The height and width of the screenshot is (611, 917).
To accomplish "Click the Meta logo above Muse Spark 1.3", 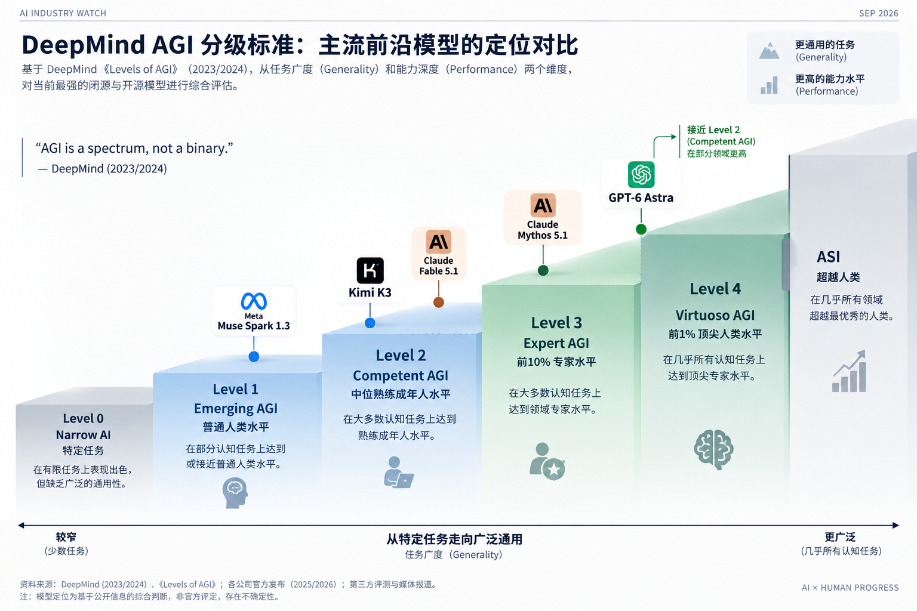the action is tap(254, 301).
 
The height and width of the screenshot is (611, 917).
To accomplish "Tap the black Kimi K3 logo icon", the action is tap(370, 270).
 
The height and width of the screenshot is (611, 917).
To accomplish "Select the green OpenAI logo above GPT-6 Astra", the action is tap(641, 175).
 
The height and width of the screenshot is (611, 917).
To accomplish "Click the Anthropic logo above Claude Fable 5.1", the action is tap(438, 242).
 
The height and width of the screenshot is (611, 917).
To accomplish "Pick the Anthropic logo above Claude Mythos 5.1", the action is tap(543, 205).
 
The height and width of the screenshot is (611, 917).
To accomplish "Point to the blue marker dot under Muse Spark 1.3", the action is tap(254, 357).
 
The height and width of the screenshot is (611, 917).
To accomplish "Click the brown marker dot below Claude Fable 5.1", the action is tap(438, 303).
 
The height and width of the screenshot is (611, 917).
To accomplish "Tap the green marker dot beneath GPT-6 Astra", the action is tap(641, 229).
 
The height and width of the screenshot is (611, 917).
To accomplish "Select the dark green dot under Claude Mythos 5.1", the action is tap(543, 270).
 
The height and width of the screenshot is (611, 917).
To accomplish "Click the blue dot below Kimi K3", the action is tap(370, 323).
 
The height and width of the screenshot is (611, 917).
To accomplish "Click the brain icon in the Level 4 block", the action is tap(713, 449).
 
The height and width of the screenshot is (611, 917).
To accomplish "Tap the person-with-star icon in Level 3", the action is tap(547, 461).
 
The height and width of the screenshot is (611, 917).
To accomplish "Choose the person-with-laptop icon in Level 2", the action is tap(398, 472).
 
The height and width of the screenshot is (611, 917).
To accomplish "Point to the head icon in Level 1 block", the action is tap(235, 493).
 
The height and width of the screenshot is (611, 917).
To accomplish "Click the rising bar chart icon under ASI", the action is tap(850, 371).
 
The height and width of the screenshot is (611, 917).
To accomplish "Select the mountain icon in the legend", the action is tap(769, 51).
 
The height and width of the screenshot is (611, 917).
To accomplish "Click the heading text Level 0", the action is tap(83, 418).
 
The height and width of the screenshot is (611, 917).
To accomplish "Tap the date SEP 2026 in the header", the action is tap(879, 14).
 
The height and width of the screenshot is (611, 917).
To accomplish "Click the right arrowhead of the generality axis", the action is tap(896, 525).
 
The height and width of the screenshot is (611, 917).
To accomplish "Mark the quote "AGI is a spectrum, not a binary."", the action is tap(134, 148).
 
